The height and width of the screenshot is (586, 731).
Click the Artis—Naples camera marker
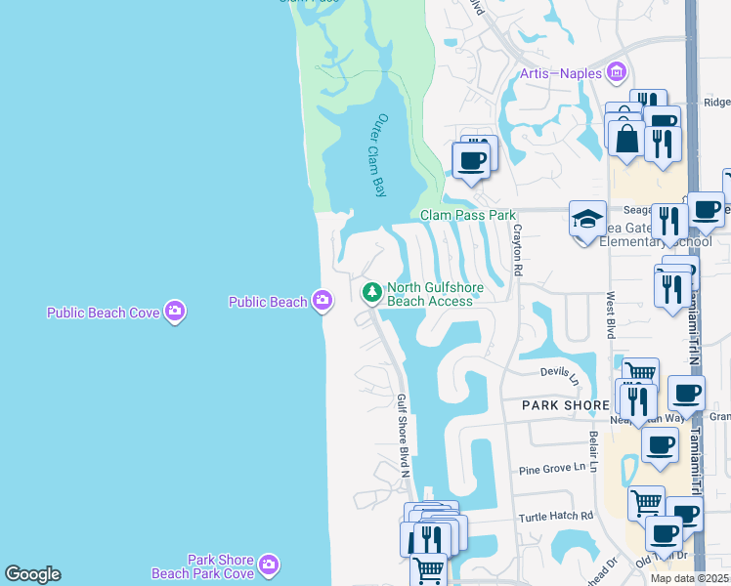point(616,72)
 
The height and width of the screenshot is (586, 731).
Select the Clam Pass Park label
point(467,215)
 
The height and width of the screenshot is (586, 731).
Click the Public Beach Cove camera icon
point(175,312)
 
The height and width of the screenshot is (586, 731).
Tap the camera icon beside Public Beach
point(322,301)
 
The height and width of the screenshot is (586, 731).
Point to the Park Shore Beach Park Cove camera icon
point(269,565)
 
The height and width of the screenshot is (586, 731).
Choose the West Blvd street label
point(611,313)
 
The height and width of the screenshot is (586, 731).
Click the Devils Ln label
point(560,372)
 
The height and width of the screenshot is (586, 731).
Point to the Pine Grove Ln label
point(557,469)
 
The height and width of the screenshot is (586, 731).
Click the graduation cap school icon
point(587,221)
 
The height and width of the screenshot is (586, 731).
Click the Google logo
point(32,574)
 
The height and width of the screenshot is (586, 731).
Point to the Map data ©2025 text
point(690,578)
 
